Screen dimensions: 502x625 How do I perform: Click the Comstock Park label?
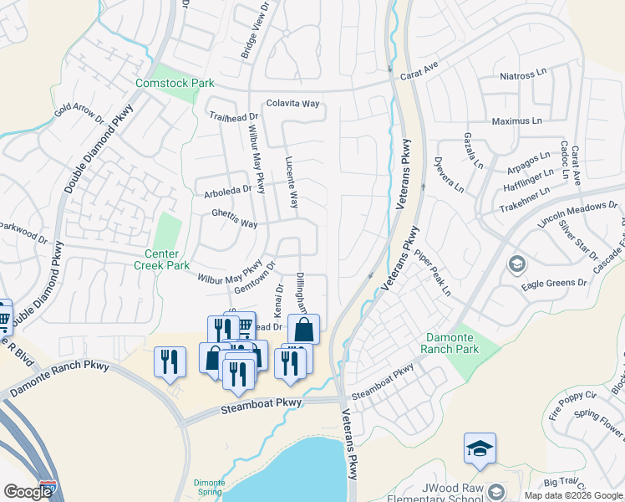[175, 84]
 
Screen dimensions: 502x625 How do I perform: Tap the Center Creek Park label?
[161, 259]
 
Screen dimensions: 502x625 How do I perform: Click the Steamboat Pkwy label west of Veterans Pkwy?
[261, 407]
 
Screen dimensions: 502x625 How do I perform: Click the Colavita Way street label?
[292, 104]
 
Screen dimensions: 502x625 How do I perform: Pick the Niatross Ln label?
[523, 76]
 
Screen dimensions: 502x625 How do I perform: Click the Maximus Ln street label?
[517, 121]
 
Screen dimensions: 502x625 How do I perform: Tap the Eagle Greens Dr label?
[554, 284]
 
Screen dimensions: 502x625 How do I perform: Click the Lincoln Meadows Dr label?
[577, 214]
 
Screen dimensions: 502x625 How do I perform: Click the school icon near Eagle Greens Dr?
[516, 265]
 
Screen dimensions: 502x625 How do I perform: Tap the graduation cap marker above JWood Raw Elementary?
[480, 449]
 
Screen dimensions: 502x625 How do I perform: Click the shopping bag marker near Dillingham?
[302, 330]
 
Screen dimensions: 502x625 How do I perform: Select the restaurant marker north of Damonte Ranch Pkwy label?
[170, 361]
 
